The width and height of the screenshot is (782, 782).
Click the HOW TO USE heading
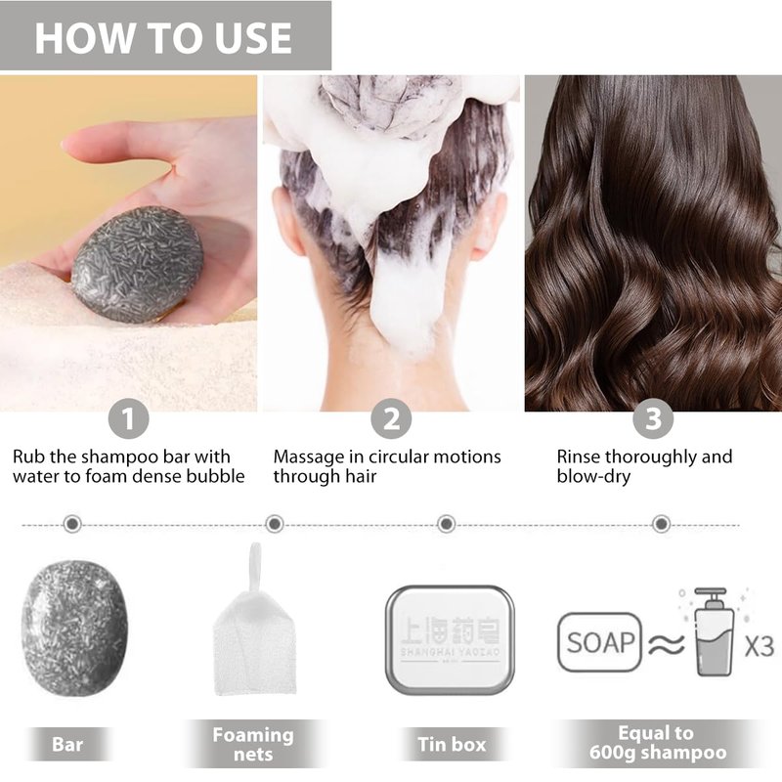click(163, 38)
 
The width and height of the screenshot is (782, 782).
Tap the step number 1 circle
click(129, 419)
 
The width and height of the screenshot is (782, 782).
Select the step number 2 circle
click(391, 419)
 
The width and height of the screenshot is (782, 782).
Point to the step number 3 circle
click(653, 419)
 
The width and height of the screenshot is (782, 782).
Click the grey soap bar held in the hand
click(138, 264)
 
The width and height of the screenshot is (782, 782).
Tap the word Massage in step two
click(309, 456)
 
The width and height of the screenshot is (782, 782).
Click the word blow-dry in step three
click(593, 476)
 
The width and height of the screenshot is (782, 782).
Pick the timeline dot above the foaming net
click(275, 524)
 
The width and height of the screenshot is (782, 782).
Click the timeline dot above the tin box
click(446, 524)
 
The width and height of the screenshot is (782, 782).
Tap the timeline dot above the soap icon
click(662, 524)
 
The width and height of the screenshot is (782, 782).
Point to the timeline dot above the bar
click(72, 524)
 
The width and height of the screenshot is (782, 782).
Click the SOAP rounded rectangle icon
click(599, 642)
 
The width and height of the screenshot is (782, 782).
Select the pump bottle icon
click(715, 631)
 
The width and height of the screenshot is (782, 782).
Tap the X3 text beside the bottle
click(760, 646)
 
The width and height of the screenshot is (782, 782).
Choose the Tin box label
click(452, 745)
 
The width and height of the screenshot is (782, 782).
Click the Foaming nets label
click(253, 744)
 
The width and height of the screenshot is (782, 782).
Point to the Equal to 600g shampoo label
click(657, 743)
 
